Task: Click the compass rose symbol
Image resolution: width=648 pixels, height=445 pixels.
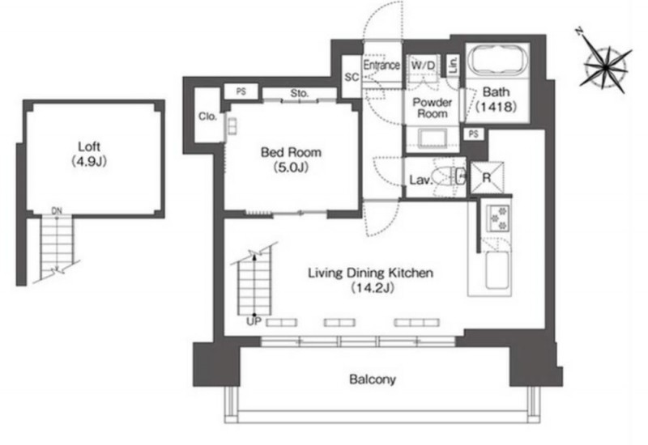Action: tap(604, 66)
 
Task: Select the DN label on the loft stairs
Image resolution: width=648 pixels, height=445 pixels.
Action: tap(57, 210)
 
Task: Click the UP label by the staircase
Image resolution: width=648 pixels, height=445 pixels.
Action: tap(254, 321)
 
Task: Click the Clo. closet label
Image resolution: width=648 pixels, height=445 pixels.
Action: tap(207, 117)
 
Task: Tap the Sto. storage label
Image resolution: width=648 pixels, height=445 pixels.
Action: tap(299, 93)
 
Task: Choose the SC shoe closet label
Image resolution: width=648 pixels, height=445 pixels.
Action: tap(352, 77)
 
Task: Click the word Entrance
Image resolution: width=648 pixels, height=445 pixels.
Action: tap(382, 65)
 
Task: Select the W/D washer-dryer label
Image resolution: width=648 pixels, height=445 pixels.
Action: tap(423, 66)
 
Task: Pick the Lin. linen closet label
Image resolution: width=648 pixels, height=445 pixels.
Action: tap(453, 65)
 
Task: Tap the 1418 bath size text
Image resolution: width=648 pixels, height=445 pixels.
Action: tap(497, 107)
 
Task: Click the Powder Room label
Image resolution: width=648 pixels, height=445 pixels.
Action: tap(433, 108)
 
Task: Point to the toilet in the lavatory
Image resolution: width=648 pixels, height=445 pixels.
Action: tap(450, 176)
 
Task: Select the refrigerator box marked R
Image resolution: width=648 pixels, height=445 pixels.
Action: tap(488, 177)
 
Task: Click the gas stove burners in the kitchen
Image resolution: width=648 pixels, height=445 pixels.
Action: tap(498, 218)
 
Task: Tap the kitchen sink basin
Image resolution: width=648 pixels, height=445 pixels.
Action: tap(497, 270)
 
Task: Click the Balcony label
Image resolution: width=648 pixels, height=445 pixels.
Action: tap(373, 379)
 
